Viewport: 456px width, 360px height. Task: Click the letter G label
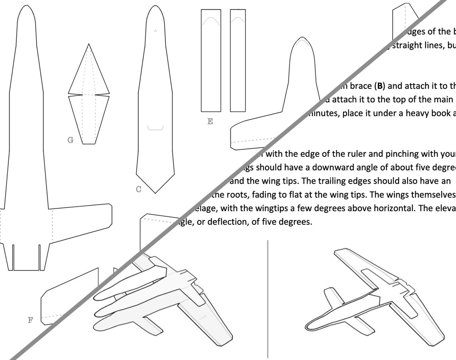[x=70, y=140]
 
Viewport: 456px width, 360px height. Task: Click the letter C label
[x=138, y=189]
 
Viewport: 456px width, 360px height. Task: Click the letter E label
[x=210, y=122]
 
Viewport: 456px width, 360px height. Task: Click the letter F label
[x=30, y=320]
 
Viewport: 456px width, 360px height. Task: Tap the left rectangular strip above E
[x=211, y=60]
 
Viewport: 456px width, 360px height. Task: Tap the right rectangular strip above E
[x=238, y=60]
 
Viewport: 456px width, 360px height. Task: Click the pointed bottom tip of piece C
[x=155, y=192]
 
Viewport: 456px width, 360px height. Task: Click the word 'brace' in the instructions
[x=360, y=86]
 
